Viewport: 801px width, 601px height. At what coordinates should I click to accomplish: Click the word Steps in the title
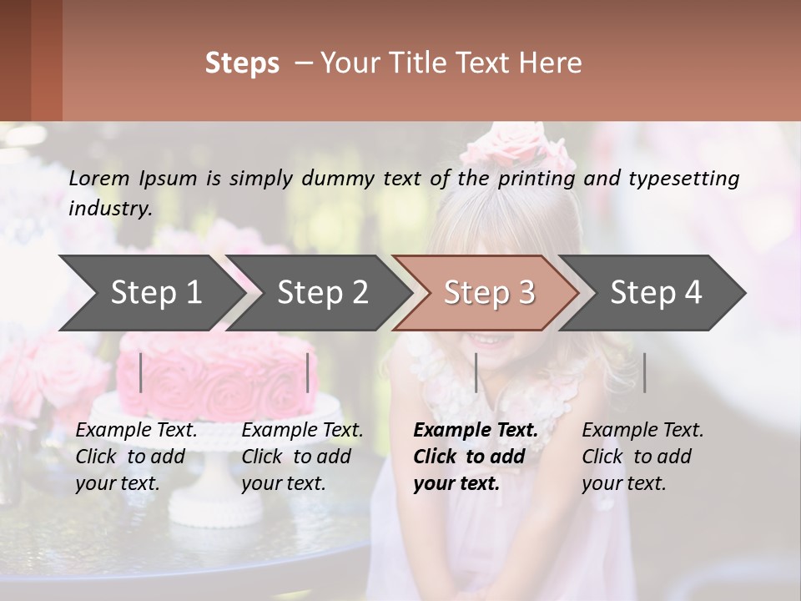click(242, 63)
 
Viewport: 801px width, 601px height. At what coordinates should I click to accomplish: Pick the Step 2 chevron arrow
click(322, 292)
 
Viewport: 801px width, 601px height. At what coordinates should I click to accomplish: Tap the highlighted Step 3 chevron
click(489, 292)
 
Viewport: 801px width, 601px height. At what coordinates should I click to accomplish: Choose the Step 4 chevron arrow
click(656, 292)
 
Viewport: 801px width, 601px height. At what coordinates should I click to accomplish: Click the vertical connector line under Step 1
click(141, 372)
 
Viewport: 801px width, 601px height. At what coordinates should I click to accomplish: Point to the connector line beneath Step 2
click(308, 372)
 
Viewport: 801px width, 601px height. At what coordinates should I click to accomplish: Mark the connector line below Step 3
click(476, 372)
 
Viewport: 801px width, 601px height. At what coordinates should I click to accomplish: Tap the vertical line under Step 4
click(644, 372)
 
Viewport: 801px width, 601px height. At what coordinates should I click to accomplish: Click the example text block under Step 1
click(136, 457)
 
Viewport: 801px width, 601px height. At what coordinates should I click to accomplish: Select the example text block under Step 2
click(302, 457)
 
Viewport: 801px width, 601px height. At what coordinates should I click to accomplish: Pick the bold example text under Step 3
click(476, 457)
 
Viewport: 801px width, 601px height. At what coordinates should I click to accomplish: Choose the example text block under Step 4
click(642, 457)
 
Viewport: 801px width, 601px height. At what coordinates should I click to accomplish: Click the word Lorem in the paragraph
click(99, 178)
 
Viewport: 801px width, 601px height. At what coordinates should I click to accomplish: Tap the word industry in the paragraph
click(110, 208)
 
